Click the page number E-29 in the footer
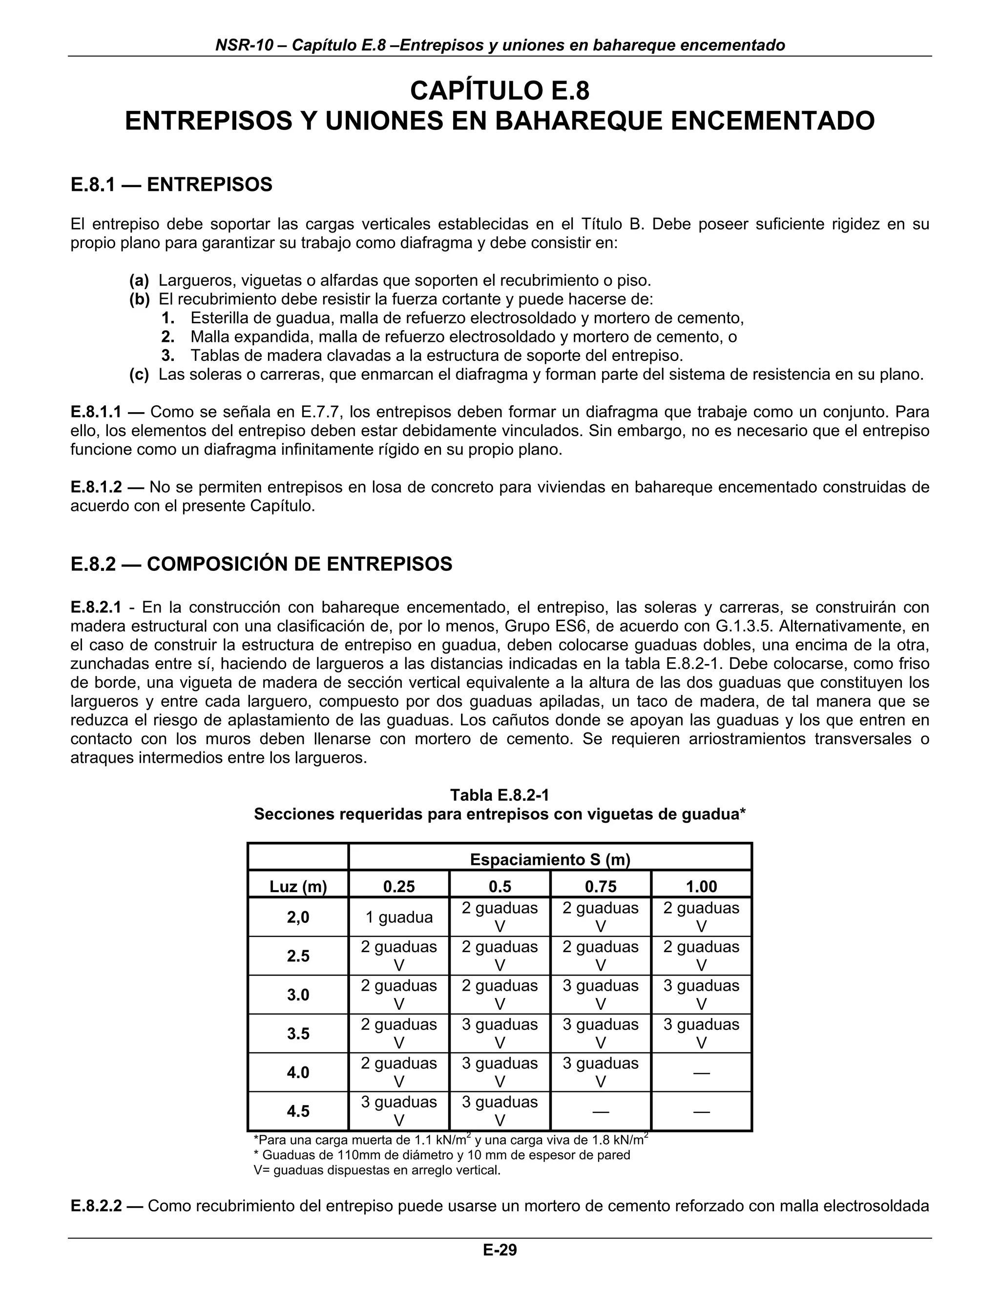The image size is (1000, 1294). [500, 1250]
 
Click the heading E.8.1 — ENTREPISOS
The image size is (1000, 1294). [171, 185]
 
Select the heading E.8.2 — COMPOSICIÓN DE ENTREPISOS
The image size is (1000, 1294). [261, 564]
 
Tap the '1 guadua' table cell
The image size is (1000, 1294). [399, 917]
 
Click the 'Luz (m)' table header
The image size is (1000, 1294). [298, 886]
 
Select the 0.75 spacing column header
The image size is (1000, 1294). [600, 886]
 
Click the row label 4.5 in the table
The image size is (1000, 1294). [298, 1111]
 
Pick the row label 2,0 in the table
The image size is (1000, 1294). [298, 917]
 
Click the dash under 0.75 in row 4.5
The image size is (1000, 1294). [600, 1111]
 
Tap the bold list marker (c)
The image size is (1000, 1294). [139, 375]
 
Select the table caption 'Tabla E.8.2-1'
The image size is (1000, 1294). [500, 795]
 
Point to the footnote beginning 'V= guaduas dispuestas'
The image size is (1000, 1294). [377, 1170]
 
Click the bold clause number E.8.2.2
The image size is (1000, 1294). [96, 1206]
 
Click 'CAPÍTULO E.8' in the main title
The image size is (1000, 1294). [500, 91]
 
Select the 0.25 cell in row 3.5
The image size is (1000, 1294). [399, 1033]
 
